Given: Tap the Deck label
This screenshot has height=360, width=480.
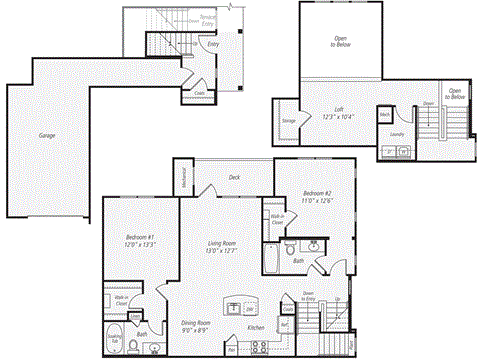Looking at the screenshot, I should point(234,178).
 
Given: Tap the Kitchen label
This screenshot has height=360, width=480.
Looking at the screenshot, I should point(256,328).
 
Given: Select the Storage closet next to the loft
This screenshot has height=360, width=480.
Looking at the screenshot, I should point(288,122).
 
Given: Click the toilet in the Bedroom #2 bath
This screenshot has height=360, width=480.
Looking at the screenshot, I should point(289,245).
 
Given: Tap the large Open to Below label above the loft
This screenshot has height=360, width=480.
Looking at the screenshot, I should point(340,43).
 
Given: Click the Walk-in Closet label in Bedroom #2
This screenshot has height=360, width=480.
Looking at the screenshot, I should point(277,217).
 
